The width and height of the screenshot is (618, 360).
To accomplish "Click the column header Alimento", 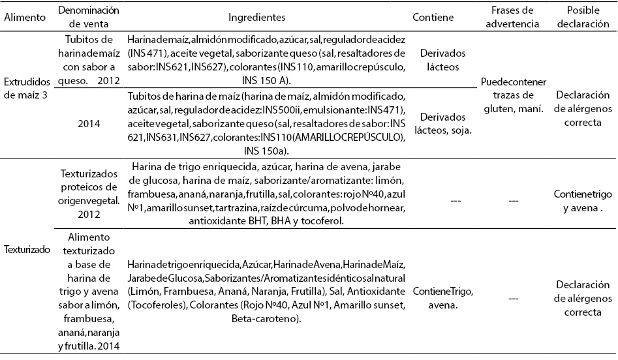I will [24, 18].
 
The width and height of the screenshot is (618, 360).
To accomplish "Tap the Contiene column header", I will [433, 18].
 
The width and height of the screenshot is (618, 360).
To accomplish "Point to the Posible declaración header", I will [583, 18].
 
